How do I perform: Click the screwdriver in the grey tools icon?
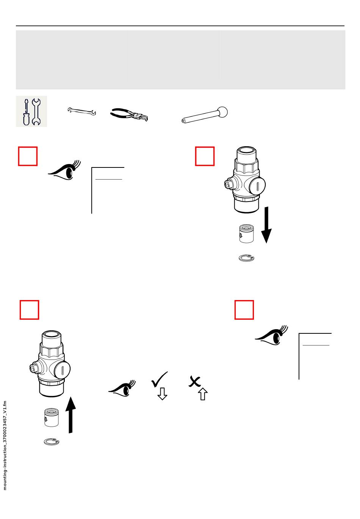pyautogui.click(x=26, y=112)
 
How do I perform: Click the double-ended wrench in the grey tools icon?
pyautogui.click(x=36, y=112)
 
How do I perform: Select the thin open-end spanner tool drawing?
pyautogui.click(x=81, y=111)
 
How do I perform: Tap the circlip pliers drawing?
pyautogui.click(x=129, y=114)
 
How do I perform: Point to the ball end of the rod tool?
pyautogui.click(x=222, y=112)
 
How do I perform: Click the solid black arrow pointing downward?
pyautogui.click(x=266, y=225)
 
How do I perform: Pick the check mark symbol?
pyautogui.click(x=159, y=379)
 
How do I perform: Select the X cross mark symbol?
pyautogui.click(x=194, y=381)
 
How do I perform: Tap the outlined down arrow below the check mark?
pyautogui.click(x=162, y=394)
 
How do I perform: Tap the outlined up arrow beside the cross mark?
pyautogui.click(x=203, y=394)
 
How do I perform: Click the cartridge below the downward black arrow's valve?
pyautogui.click(x=246, y=233)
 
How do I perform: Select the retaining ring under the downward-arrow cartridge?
pyautogui.click(x=246, y=258)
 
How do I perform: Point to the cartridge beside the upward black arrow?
pyautogui.click(x=51, y=417)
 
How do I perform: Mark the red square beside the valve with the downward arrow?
pyautogui.click(x=205, y=156)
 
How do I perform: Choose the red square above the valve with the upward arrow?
pyautogui.click(x=29, y=310)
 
